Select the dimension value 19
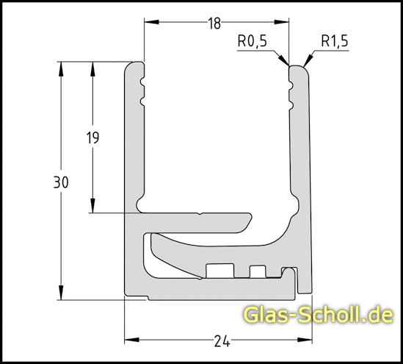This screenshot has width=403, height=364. click(x=92, y=138)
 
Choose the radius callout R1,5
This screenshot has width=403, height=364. click(x=334, y=42)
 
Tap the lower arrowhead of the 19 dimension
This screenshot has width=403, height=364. click(x=93, y=207)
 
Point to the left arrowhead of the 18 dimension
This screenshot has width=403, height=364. click(x=149, y=23)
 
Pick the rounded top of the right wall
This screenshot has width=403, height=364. click(x=299, y=68)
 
